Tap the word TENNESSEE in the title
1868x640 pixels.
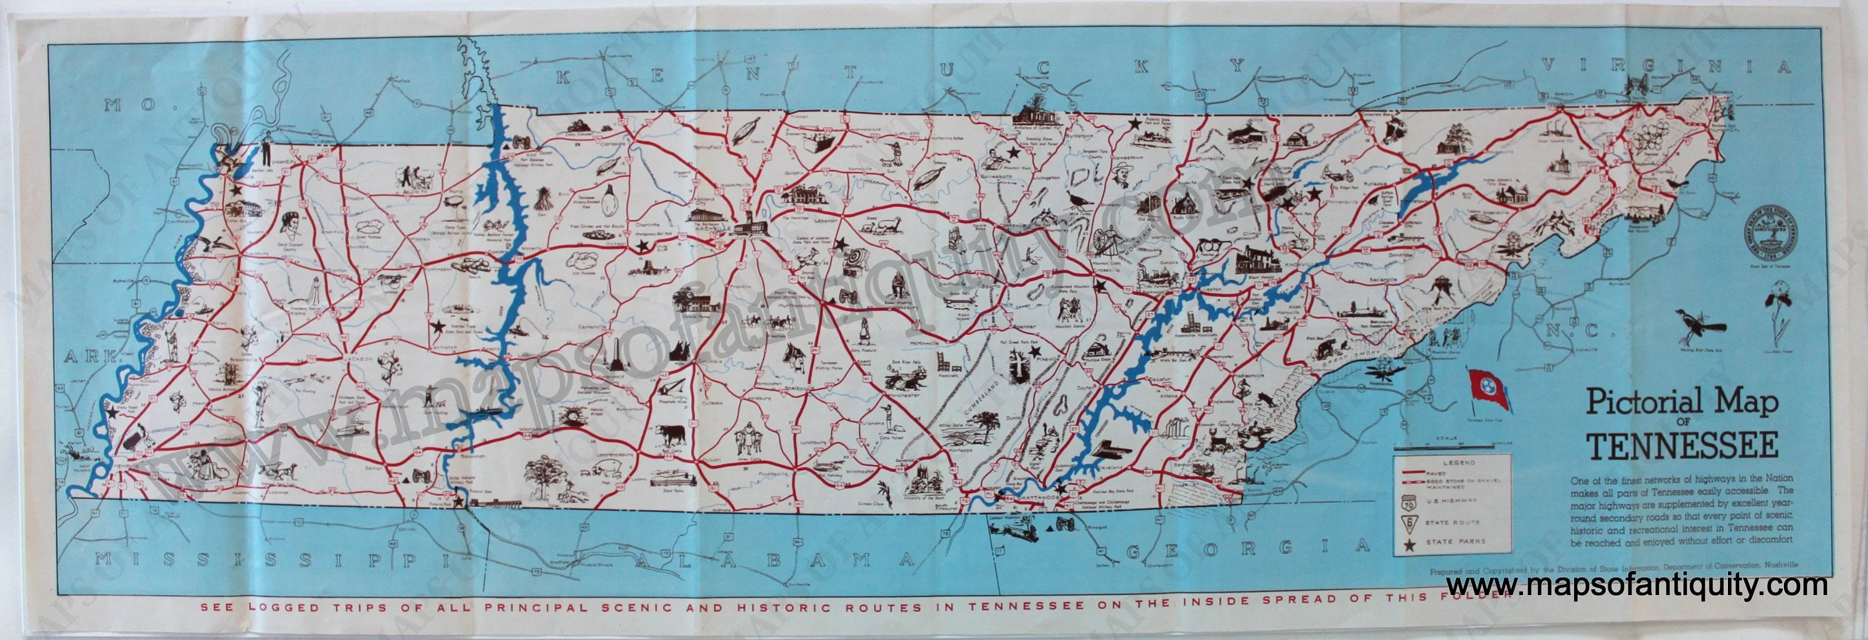point(1682,446)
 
